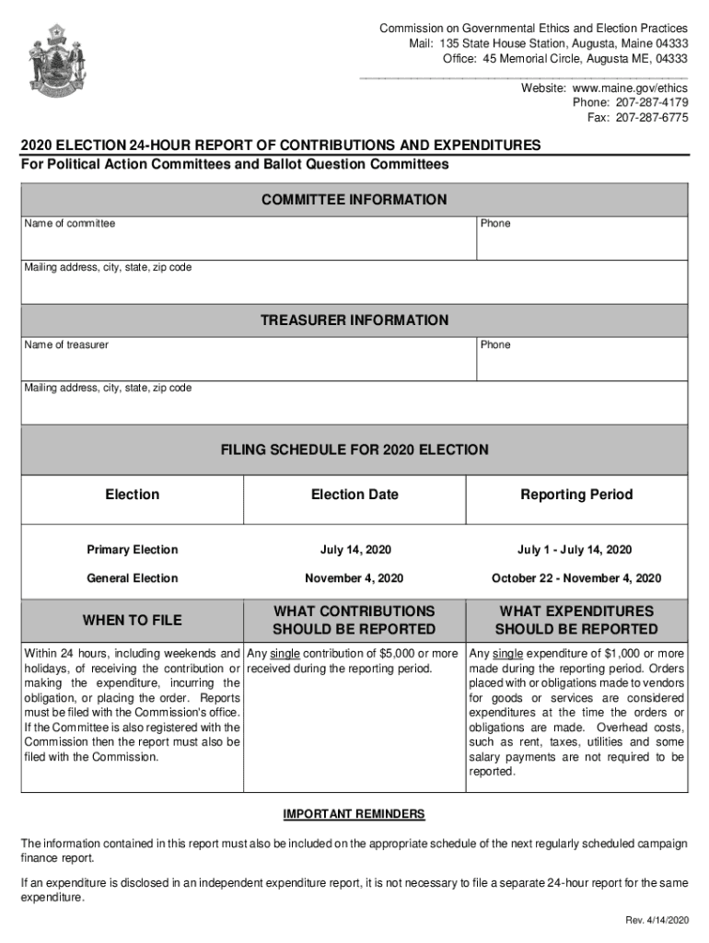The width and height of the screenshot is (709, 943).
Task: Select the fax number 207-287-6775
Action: tap(651, 117)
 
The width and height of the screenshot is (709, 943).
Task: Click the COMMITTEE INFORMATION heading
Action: tap(354, 200)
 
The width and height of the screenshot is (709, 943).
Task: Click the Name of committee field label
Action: tap(70, 224)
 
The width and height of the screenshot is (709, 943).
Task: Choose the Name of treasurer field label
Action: tap(66, 344)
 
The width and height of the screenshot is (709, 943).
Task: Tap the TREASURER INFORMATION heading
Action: tap(354, 320)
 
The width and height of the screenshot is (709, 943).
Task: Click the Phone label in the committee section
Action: tap(495, 224)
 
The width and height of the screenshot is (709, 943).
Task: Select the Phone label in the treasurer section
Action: tap(495, 344)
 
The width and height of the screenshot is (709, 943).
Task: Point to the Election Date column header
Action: tap(354, 495)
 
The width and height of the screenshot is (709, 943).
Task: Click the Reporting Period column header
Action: tap(576, 495)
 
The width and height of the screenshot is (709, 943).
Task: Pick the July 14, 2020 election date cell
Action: tap(355, 550)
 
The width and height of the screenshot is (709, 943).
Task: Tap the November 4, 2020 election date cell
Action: tap(354, 578)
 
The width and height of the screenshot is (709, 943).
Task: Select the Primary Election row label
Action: tap(132, 550)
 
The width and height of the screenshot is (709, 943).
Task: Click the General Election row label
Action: tap(132, 578)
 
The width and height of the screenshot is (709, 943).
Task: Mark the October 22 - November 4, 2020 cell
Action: tap(576, 578)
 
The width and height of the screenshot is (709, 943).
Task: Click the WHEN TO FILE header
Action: tap(132, 620)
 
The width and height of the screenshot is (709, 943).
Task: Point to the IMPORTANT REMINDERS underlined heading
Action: tap(354, 814)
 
